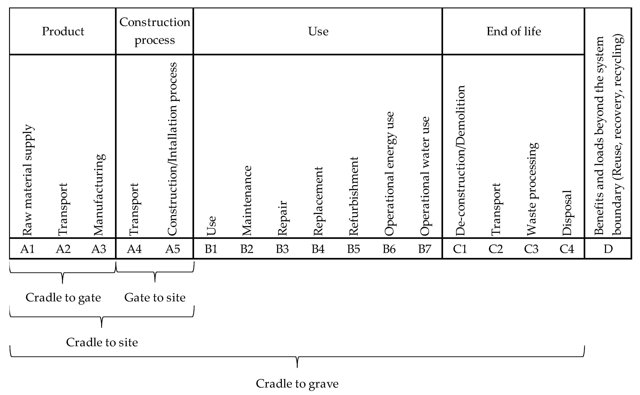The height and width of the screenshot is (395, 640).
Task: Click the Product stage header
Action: coord(63,31)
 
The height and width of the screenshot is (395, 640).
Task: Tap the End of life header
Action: coord(513,31)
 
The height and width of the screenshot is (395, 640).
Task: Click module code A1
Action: coord(27,249)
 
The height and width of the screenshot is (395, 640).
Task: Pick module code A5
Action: coord(173,249)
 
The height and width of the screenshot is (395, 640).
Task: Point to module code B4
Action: coord(318,249)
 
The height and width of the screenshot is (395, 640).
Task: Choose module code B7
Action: coord(425,249)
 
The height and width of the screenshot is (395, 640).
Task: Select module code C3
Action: coord(531,249)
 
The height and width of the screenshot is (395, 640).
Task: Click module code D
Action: coord(608,249)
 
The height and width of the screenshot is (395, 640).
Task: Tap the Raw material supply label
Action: coord(28,180)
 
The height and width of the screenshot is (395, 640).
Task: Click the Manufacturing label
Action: coord(99,195)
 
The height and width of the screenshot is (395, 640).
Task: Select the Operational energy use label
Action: coord(389,174)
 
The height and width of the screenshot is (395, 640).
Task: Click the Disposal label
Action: coord(567,213)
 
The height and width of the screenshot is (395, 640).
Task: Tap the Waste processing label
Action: coord(532,189)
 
